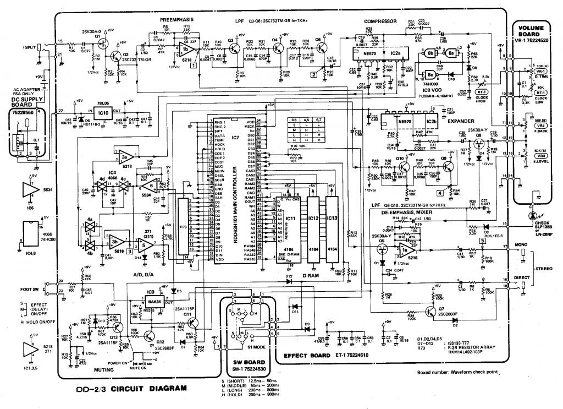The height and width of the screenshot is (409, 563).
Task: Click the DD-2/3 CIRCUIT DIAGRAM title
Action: [131, 388]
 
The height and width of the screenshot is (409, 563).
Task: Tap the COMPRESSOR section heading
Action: [380, 21]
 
